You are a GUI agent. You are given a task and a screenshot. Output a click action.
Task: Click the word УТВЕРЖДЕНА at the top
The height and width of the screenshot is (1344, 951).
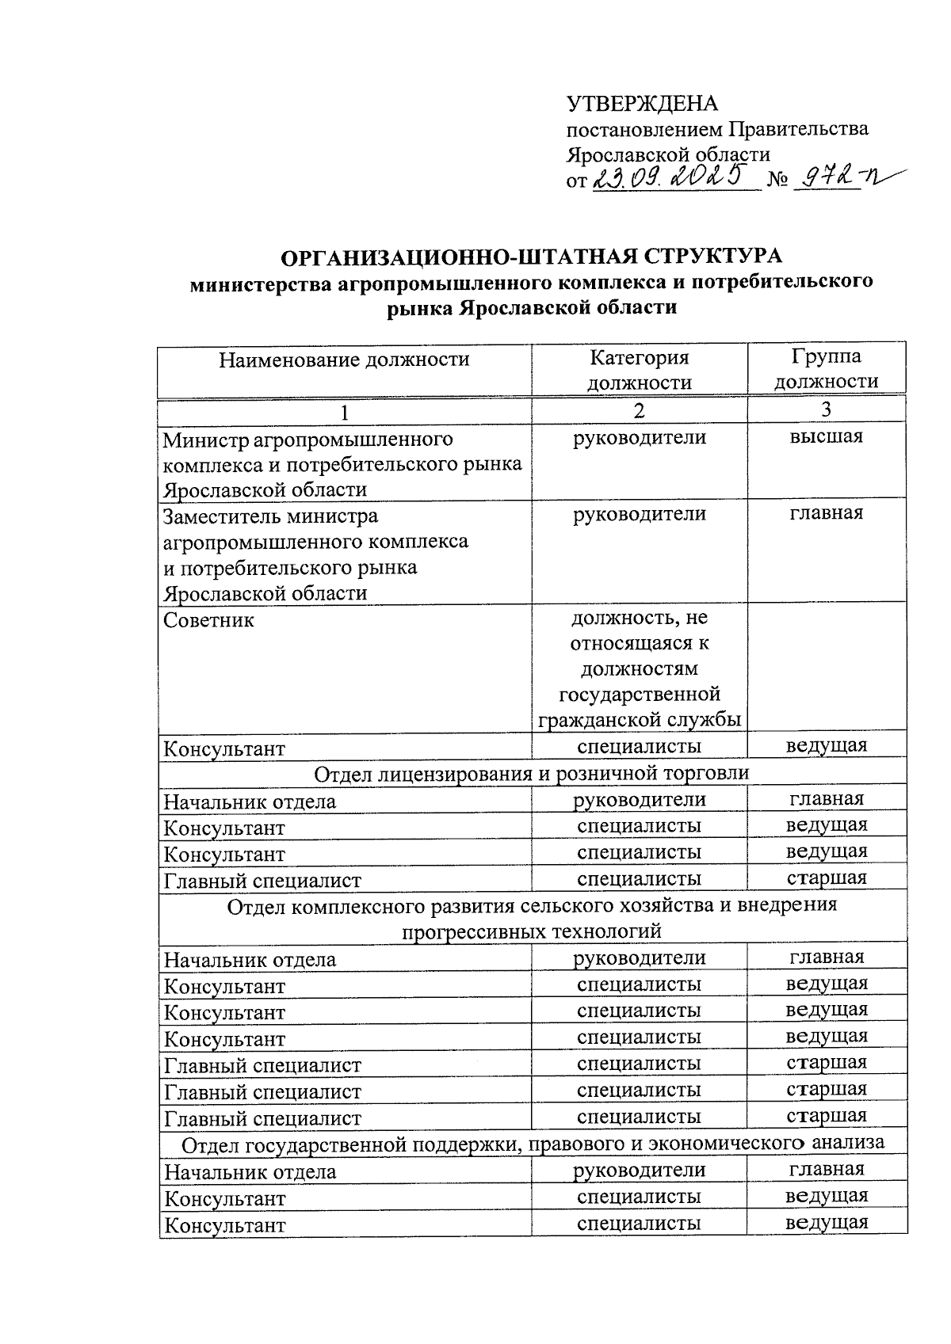642,104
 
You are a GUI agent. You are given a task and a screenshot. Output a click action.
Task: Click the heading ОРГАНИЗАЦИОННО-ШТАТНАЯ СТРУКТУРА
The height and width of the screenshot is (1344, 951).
532,257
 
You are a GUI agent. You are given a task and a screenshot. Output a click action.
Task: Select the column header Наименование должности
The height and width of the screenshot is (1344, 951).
344,360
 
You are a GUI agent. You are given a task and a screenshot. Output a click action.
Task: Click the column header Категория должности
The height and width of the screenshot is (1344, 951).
639,370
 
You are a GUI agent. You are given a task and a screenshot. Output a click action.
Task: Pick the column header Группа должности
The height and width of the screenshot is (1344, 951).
826,369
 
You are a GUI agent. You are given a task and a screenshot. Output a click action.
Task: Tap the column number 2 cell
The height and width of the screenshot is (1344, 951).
639,410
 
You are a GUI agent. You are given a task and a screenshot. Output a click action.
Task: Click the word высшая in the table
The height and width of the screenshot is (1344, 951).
826,436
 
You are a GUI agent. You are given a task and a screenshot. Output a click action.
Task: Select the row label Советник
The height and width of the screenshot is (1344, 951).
208,620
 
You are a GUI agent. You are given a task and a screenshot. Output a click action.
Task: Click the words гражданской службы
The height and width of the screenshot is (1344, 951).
639,720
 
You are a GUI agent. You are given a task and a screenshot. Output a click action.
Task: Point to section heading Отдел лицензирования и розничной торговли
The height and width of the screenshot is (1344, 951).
532,773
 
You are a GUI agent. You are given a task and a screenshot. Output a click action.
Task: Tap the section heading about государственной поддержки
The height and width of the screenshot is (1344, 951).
532,1144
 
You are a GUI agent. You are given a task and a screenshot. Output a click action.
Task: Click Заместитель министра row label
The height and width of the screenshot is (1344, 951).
270,516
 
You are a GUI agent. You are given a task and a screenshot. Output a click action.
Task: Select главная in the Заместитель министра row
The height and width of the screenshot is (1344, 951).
826,513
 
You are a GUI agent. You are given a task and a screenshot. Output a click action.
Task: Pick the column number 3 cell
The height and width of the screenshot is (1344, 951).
826,409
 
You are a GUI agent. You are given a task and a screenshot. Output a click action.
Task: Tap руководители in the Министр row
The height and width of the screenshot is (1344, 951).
639,437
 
